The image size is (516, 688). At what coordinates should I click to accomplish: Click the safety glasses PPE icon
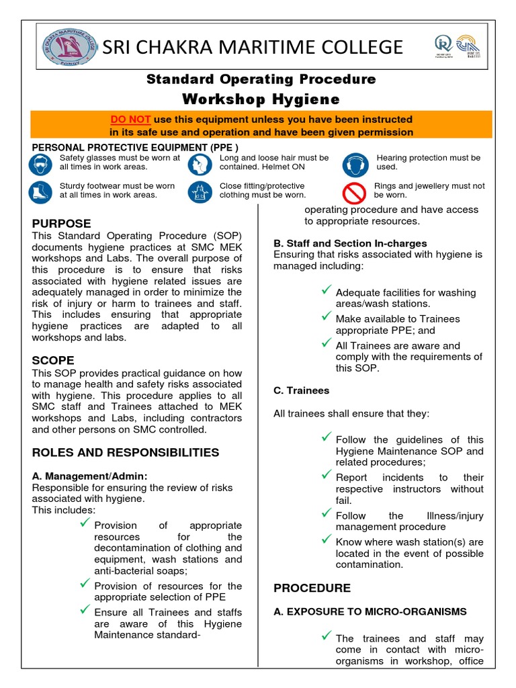[x=40, y=164]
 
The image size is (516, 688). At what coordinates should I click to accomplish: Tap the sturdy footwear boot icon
[x=40, y=192]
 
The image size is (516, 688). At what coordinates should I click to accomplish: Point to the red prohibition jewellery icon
[x=354, y=192]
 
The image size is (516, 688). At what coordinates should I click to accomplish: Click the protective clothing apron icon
[x=200, y=192]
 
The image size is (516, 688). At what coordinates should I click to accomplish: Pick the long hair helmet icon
[x=200, y=164]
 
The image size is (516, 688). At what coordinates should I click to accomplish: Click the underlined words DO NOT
[x=130, y=119]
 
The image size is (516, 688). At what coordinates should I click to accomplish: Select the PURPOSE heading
[x=62, y=223]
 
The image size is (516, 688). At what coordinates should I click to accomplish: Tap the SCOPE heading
[x=54, y=360]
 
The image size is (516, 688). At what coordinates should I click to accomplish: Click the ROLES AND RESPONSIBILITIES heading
[x=126, y=452]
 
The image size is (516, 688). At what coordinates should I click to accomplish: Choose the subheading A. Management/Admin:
[x=90, y=476]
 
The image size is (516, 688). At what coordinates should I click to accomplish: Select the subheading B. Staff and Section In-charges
[x=349, y=243]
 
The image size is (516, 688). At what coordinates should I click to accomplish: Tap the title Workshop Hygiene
[x=261, y=99]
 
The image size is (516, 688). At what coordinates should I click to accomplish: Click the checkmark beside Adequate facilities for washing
[x=327, y=290]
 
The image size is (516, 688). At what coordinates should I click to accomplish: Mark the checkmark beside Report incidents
[x=327, y=475]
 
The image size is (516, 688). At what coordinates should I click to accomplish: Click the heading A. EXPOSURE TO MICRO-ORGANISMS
[x=370, y=612]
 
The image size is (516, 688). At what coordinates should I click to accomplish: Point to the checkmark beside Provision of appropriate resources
[x=85, y=523]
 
